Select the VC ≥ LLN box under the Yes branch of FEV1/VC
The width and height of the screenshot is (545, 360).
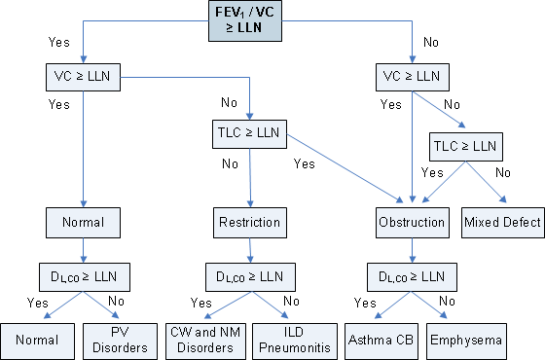[83, 75]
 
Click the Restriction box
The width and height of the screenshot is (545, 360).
[248, 223]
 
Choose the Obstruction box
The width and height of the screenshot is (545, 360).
[411, 223]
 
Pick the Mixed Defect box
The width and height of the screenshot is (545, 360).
[502, 223]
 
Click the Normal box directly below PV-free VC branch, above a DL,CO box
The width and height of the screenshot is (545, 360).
[83, 223]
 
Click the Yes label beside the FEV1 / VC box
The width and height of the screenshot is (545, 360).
[58, 42]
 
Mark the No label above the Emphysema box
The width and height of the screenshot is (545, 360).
[446, 303]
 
